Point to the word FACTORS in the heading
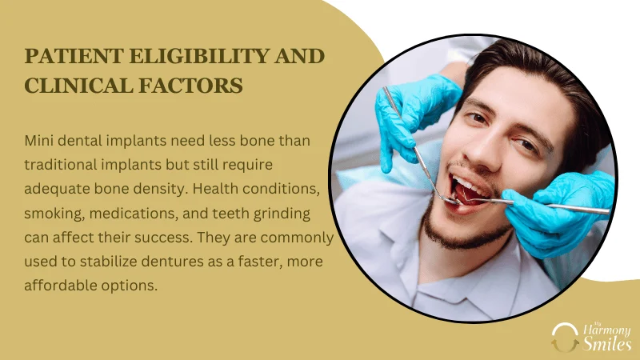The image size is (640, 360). point(190,86)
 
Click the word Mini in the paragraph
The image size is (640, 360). point(38,141)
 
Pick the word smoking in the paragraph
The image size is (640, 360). point(54,214)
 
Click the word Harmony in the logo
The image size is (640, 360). point(607,330)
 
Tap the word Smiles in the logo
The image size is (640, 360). point(607,344)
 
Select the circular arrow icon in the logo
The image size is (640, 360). point(565,337)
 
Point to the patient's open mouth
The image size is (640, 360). point(470,192)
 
